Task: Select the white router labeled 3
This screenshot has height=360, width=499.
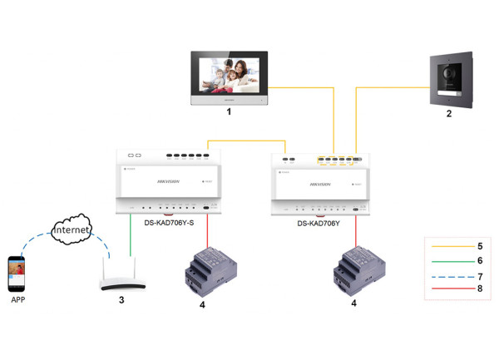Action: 122,279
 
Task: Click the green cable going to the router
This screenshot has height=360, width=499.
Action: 131,237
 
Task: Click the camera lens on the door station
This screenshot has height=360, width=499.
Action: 450,71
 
